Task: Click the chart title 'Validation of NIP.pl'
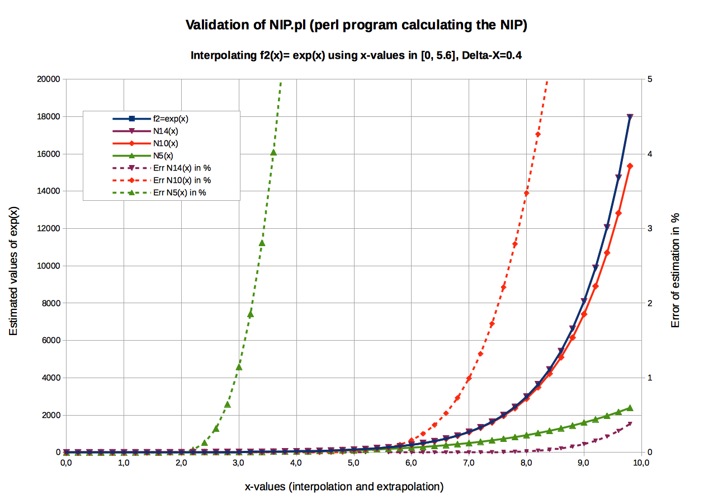tap(356, 25)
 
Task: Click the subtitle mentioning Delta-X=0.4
tap(356, 55)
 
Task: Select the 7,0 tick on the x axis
tap(469, 463)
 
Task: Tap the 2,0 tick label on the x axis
tap(181, 463)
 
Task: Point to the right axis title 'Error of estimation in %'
tap(675, 271)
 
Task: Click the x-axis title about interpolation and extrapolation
tap(344, 487)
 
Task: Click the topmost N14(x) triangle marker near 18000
tap(630, 117)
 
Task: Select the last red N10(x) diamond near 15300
tap(630, 166)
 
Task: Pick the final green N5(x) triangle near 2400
tap(630, 408)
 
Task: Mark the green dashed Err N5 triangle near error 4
tap(273, 152)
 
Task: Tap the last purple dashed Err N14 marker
tap(630, 424)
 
